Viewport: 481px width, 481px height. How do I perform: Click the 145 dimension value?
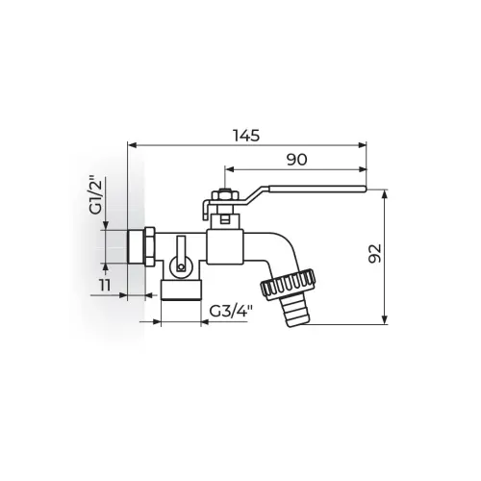click(246, 136)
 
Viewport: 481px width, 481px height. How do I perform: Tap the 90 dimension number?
click(296, 160)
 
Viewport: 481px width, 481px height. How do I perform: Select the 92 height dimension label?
click(375, 253)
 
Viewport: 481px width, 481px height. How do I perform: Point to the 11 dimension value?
click(105, 285)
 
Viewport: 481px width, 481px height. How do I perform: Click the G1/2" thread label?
click(96, 194)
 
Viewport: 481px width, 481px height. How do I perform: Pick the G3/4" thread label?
click(231, 311)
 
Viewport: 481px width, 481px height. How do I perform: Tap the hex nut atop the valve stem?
click(225, 195)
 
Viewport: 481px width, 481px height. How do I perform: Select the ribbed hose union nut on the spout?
click(288, 284)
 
